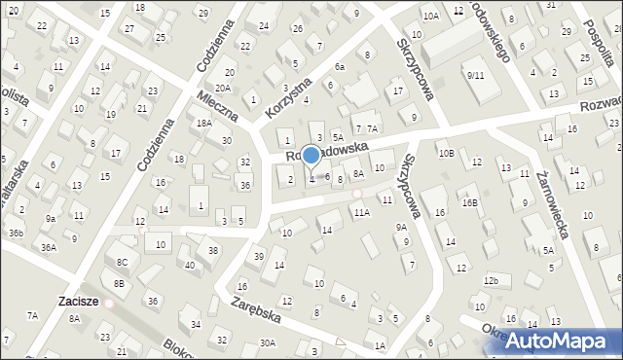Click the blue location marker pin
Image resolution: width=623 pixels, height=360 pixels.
[311, 156]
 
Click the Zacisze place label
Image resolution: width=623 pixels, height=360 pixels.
[78, 302]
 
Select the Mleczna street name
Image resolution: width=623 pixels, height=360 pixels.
[216, 106]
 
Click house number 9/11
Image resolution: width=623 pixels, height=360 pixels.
[475, 75]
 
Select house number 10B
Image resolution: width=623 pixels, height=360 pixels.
[446, 153]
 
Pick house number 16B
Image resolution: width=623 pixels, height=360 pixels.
[470, 202]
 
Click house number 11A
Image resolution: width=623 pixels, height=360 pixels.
[361, 211]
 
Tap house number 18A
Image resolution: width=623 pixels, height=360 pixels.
[203, 124]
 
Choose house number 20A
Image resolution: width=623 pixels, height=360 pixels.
[223, 88]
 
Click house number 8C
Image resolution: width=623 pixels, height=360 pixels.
[122, 263]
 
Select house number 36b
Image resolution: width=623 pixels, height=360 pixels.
[17, 233]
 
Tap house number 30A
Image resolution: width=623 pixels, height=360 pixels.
[268, 342]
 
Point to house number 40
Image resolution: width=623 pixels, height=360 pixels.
[189, 265]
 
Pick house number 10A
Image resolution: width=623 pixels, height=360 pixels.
[431, 17]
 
